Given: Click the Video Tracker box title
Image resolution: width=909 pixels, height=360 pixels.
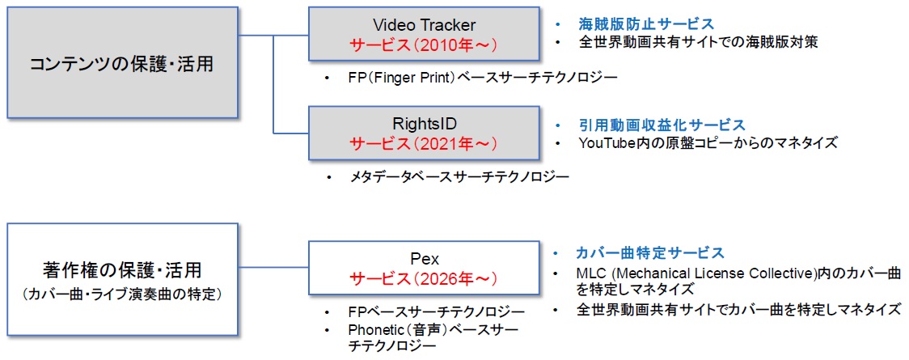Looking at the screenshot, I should coord(425,25).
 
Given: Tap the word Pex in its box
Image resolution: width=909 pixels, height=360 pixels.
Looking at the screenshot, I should coord(425,260).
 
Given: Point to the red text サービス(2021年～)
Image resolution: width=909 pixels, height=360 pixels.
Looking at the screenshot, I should coord(425,144).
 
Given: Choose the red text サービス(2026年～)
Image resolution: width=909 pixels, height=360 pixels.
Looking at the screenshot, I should coord(425,279).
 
